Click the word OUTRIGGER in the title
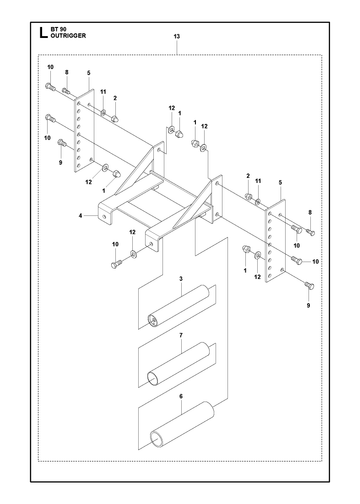coord(68,36)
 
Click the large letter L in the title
coord(43,33)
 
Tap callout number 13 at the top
coord(177,36)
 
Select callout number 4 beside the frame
coord(80,216)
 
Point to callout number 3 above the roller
coord(181,279)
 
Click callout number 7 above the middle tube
coord(181,335)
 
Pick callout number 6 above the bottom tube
coord(181,396)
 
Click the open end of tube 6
coord(156,441)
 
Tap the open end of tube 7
coord(153,379)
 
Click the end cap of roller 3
coord(153,320)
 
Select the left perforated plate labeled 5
coord(84,130)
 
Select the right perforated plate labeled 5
coord(275,241)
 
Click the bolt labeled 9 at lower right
coord(309,285)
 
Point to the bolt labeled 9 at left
coord(61,142)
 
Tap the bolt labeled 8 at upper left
coord(66,90)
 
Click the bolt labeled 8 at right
coord(310,232)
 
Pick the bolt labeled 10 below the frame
coord(116,265)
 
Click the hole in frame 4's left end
coord(105,217)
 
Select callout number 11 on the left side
coord(103,92)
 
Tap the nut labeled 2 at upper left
coord(114,118)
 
